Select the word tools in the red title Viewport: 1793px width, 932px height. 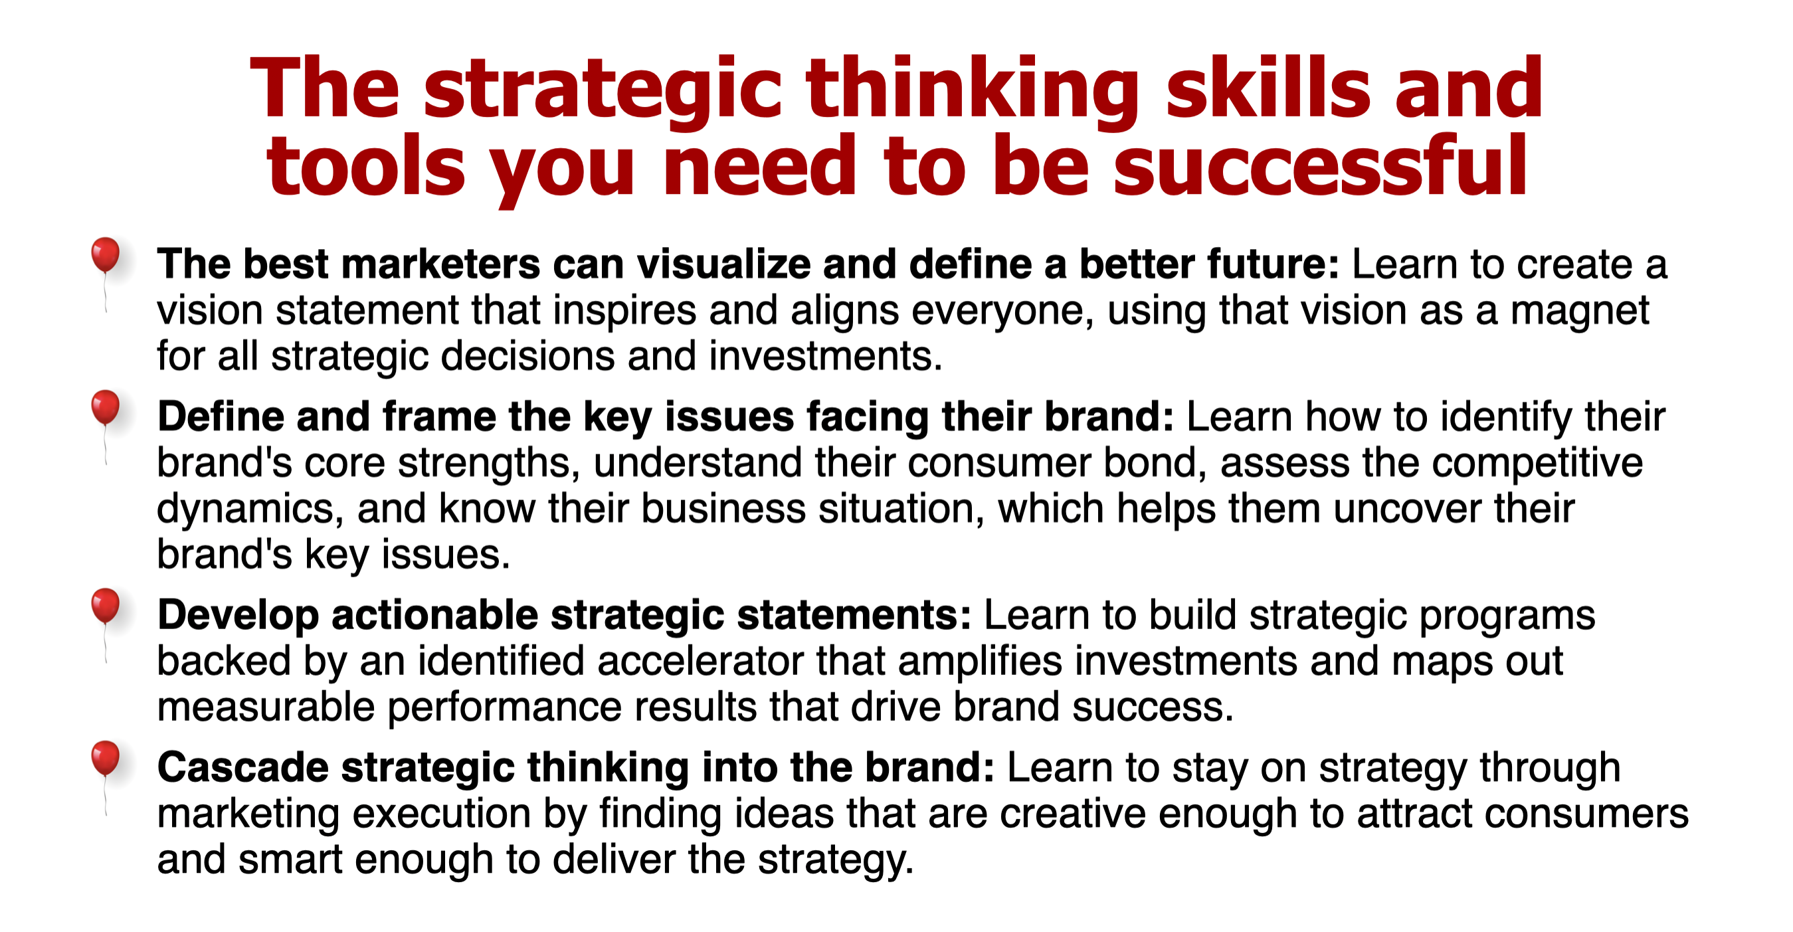point(365,165)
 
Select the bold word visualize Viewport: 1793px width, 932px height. point(724,264)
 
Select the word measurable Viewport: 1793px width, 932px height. point(266,708)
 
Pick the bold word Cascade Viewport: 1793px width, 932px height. point(243,769)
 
